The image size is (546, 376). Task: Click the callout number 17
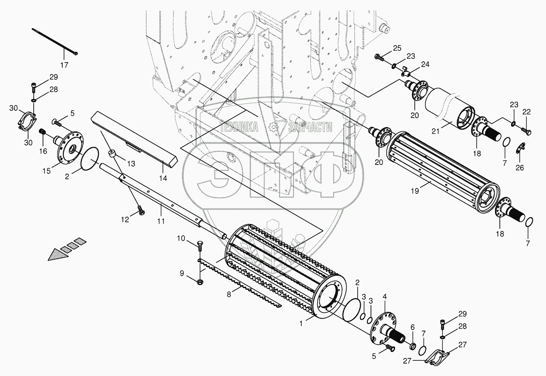(64, 65)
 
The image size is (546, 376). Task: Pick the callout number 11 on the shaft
(161, 210)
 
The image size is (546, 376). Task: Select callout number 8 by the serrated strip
(228, 295)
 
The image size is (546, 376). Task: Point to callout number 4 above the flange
(385, 297)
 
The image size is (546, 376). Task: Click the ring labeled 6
(412, 345)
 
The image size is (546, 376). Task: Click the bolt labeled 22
(527, 131)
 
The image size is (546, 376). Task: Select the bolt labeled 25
(380, 57)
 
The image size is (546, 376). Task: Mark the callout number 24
(425, 64)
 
